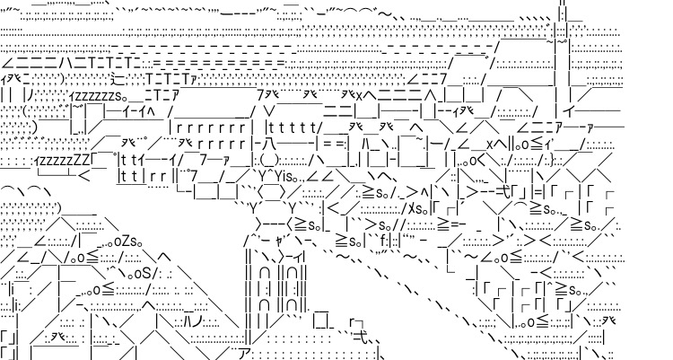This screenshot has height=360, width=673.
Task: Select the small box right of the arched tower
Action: [x=320, y=318]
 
